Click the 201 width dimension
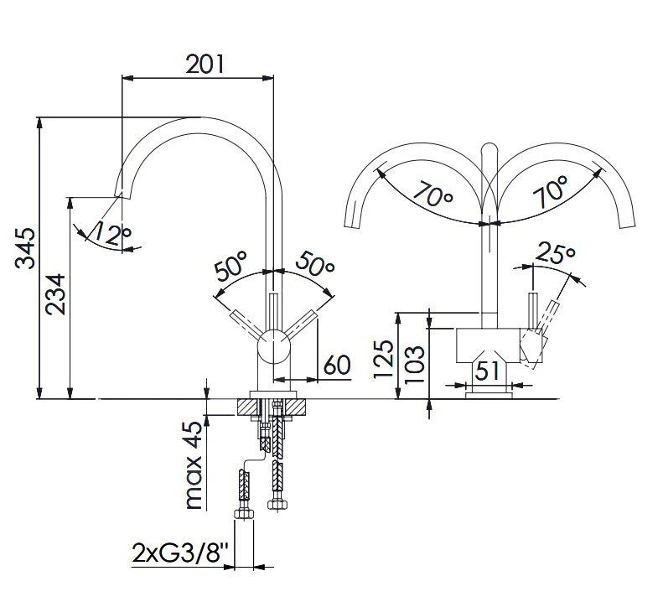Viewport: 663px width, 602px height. coord(205,64)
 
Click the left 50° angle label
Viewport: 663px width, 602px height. coord(232,269)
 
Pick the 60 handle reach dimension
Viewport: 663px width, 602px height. coord(336,366)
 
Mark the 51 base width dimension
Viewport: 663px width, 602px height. coord(489,370)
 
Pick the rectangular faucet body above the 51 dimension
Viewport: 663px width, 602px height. coord(488,343)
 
